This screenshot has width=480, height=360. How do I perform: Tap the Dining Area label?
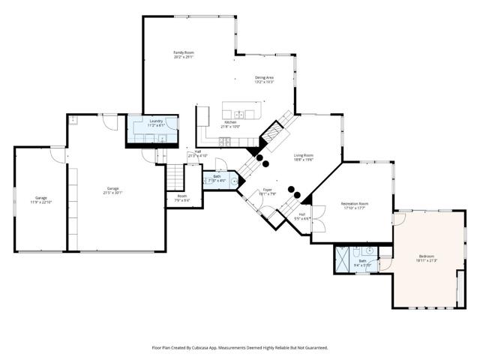click(263, 79)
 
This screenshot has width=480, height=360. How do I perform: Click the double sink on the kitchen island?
click(238, 114)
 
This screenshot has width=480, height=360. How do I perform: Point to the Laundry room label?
click(156, 122)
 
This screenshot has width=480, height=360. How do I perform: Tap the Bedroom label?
click(427, 259)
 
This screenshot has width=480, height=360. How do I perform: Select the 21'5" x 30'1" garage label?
click(113, 190)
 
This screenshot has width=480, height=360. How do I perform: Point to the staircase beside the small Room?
click(175, 178)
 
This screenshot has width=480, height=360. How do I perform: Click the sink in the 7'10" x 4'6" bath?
click(234, 180)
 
